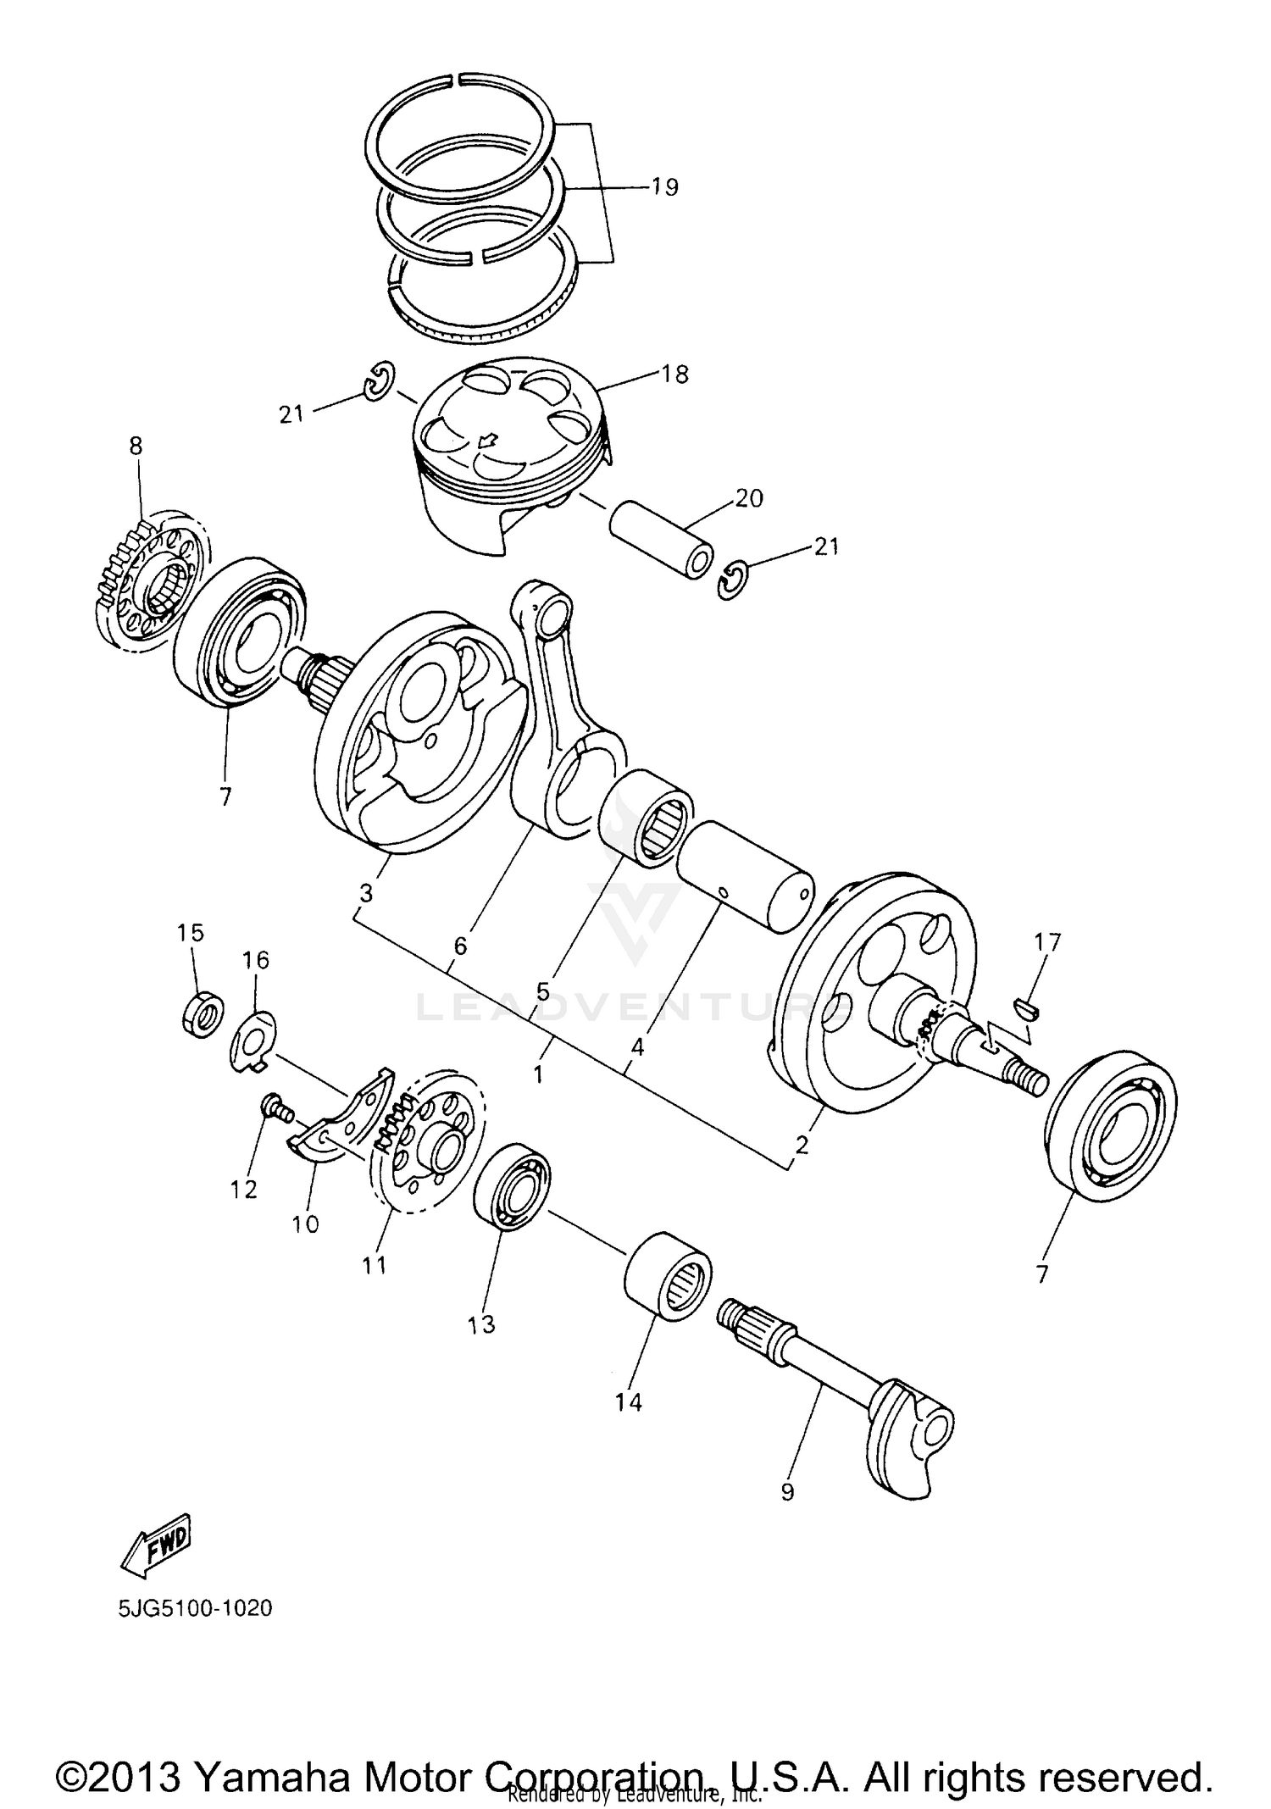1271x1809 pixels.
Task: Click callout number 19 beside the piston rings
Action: pos(665,186)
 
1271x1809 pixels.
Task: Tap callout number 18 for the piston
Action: pos(675,374)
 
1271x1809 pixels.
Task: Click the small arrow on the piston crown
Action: pos(486,440)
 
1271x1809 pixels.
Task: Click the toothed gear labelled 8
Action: pos(140,579)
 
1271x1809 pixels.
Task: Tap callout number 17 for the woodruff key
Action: pos(1046,942)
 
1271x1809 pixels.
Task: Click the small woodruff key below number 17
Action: pos(1028,1006)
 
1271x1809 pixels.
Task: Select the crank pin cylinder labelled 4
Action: pos(744,876)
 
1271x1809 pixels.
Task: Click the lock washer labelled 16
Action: pos(253,1040)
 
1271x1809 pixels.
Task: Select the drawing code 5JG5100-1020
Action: pos(196,1607)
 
